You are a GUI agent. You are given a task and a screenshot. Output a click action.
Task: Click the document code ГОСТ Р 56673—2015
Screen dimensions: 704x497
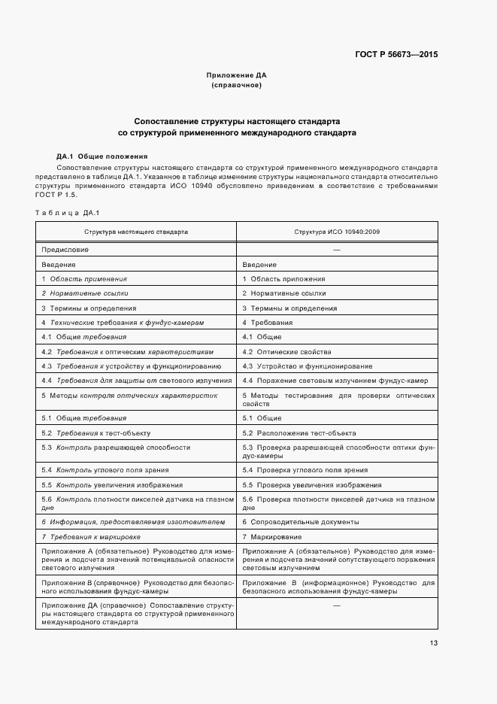click(395, 54)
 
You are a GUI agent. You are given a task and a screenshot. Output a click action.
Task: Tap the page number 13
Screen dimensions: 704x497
click(434, 642)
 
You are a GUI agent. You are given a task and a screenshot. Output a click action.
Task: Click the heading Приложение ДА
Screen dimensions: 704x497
click(237, 76)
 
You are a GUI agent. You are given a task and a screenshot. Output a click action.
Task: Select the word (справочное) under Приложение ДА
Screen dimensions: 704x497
click(237, 86)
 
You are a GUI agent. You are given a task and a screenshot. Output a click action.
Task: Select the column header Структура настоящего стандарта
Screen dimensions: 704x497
click(136, 232)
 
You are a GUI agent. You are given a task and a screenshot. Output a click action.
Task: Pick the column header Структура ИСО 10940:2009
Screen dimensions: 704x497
click(337, 232)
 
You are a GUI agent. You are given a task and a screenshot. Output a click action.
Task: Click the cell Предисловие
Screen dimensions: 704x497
click(65, 249)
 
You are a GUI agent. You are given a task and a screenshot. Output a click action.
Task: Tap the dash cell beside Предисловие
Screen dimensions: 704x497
click(337, 249)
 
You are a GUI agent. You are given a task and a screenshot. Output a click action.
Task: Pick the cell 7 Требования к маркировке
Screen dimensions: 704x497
click(91, 537)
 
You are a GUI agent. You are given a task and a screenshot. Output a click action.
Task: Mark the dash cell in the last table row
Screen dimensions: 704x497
click(337, 605)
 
